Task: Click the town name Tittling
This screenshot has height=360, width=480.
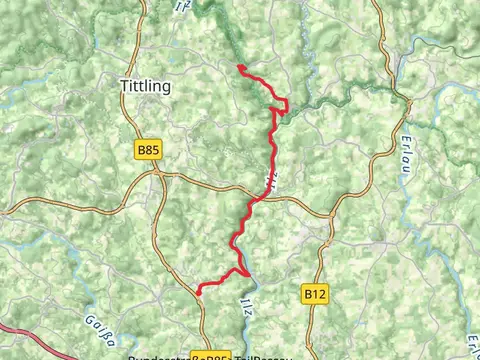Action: tap(145, 86)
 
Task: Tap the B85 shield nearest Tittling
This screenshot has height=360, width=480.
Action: tap(147, 150)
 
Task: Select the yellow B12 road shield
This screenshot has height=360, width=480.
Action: tap(315, 294)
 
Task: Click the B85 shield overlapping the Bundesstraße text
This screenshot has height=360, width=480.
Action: tap(211, 355)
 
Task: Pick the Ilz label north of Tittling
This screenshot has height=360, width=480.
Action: tap(179, 7)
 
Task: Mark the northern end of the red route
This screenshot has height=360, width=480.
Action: tap(240, 67)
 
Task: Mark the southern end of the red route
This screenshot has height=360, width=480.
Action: tap(199, 293)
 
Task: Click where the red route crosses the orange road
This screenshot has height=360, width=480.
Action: tap(256, 198)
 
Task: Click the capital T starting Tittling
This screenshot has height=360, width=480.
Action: tap(124, 86)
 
